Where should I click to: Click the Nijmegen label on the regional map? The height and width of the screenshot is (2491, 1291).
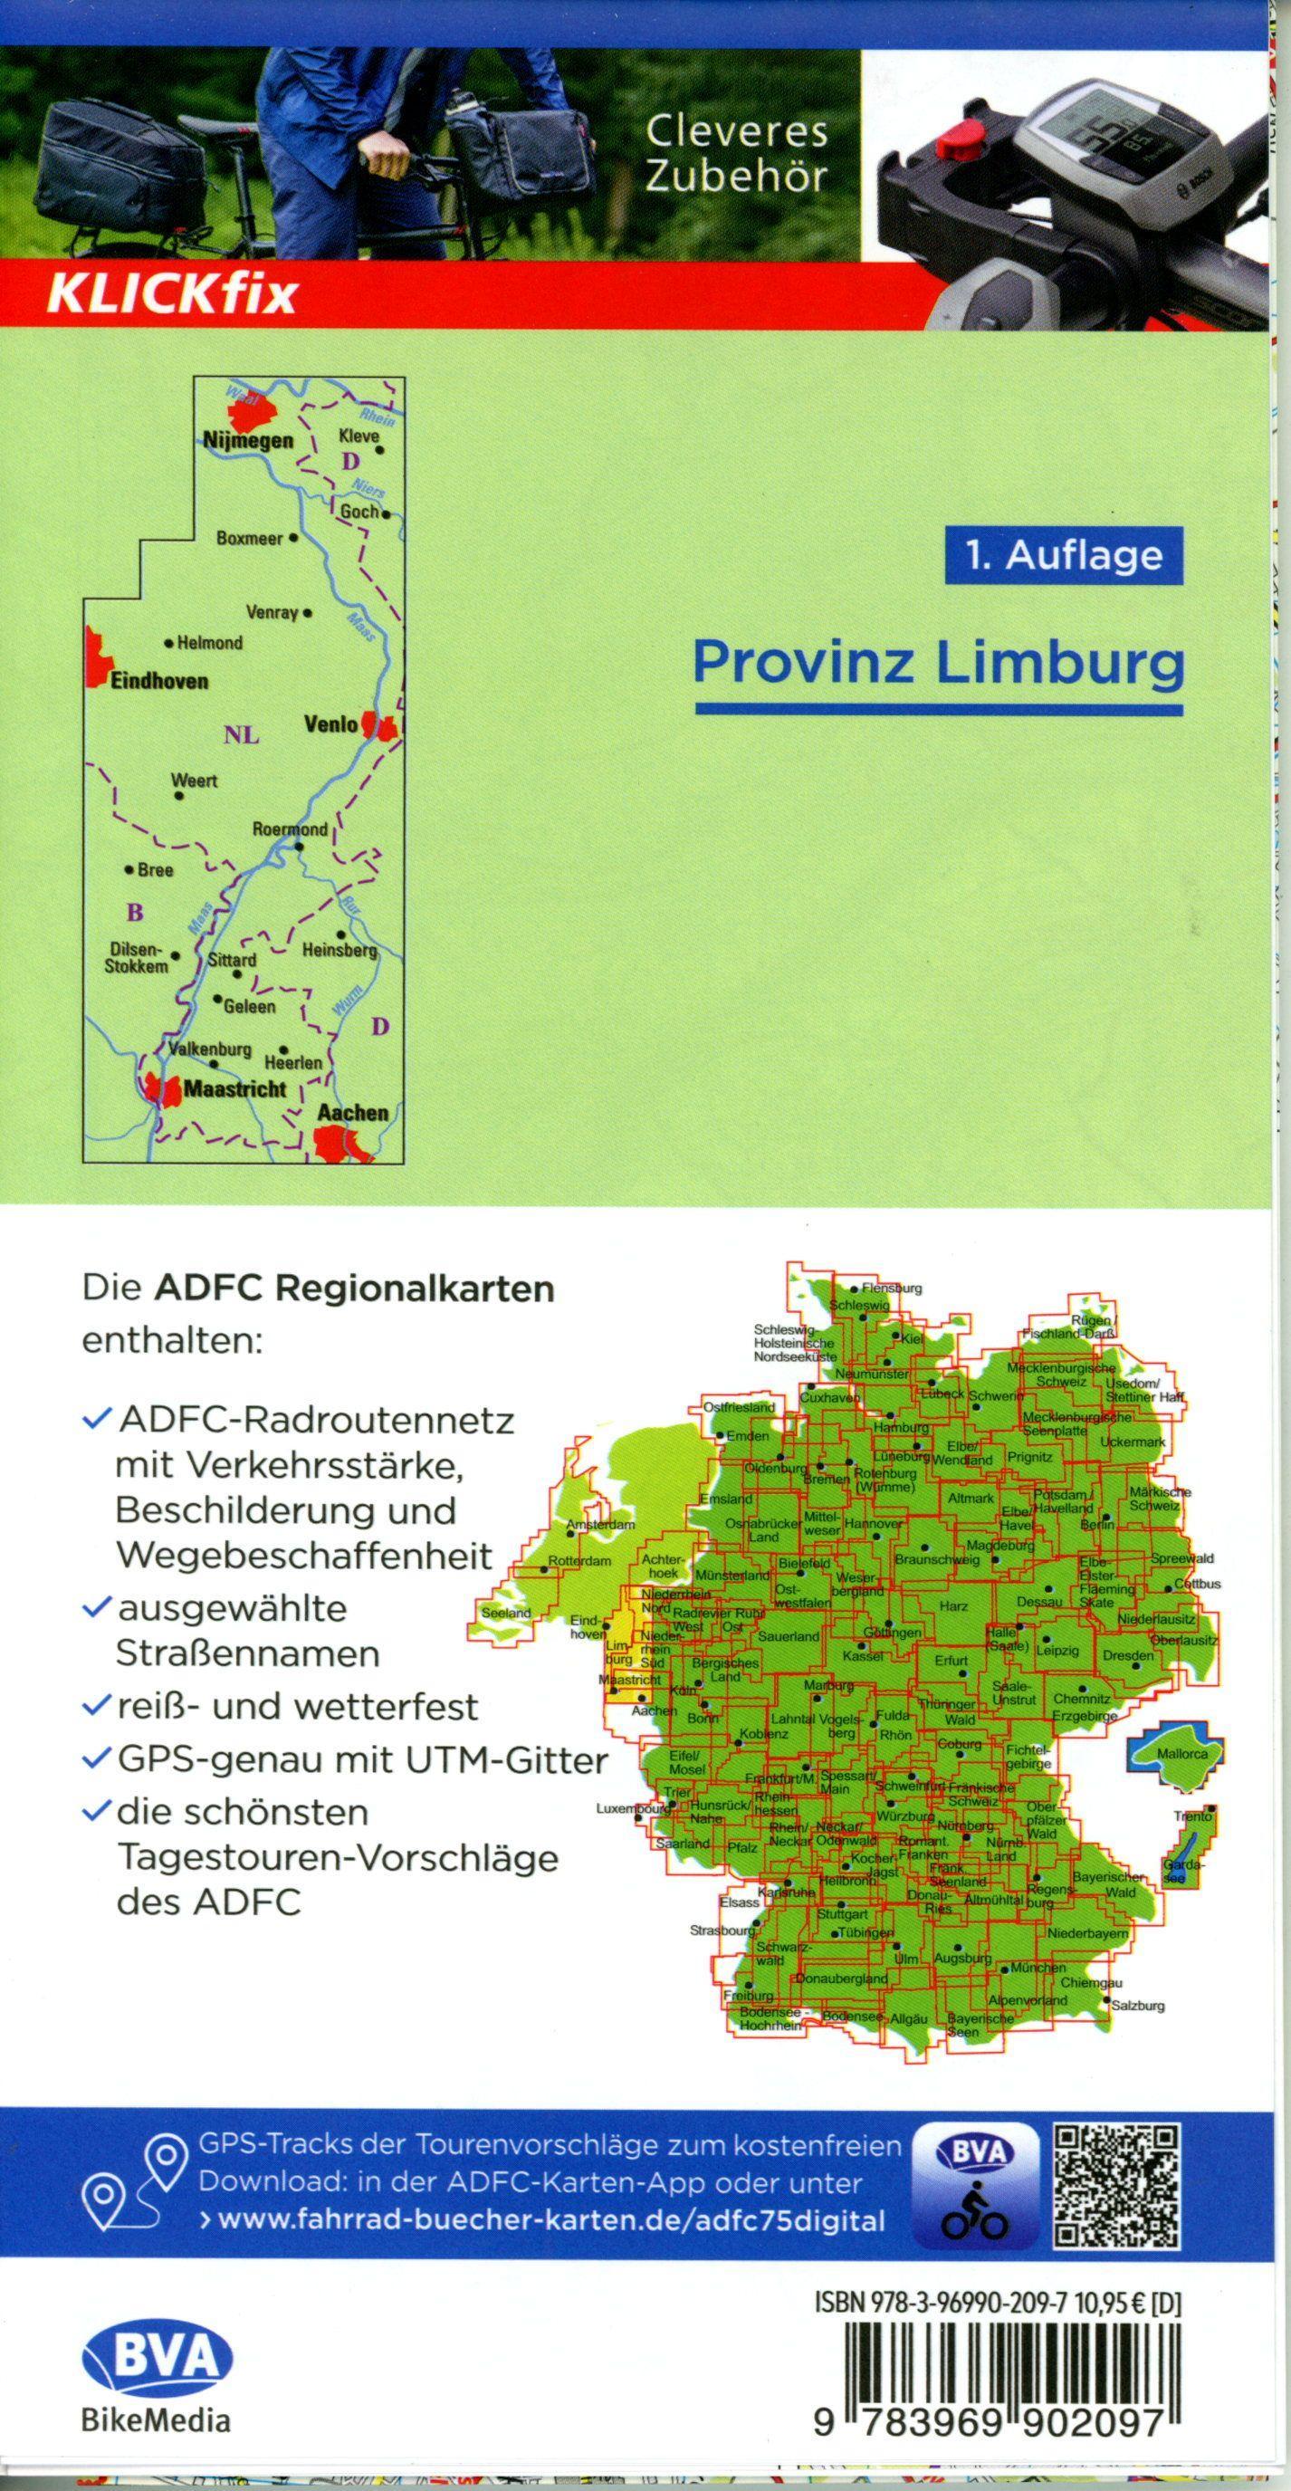[x=247, y=441]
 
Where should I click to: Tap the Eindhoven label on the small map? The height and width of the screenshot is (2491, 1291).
[x=159, y=681]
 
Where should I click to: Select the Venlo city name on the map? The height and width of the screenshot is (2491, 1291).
[x=330, y=723]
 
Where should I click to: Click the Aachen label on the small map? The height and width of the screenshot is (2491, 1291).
[x=352, y=1113]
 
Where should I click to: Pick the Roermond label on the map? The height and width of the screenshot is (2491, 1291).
[x=290, y=829]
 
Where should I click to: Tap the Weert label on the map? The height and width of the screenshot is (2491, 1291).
[x=195, y=781]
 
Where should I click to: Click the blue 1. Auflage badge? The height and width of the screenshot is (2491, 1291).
[x=1064, y=555]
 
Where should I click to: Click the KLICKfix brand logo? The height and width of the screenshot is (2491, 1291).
[x=170, y=295]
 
